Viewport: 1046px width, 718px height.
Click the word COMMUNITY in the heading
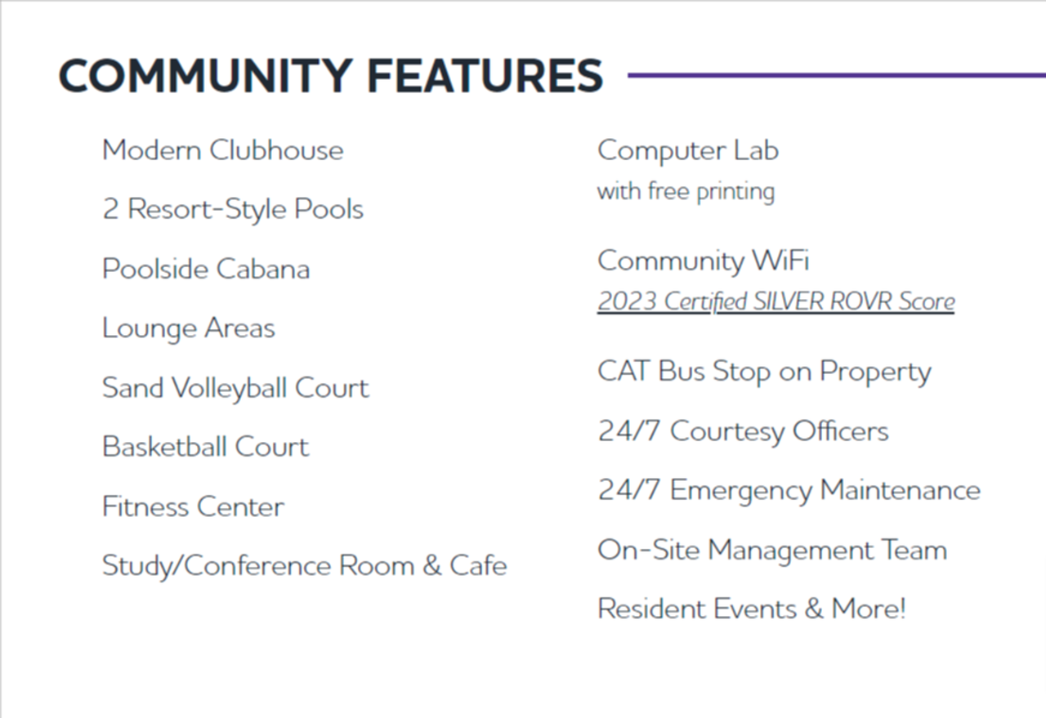pyautogui.click(x=205, y=76)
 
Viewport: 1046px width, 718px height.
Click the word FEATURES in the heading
pyautogui.click(x=485, y=76)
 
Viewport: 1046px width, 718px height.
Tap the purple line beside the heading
pyautogui.click(x=837, y=75)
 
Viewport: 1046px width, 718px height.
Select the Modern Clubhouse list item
pyautogui.click(x=223, y=150)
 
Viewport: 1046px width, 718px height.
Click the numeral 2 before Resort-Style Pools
pyautogui.click(x=110, y=208)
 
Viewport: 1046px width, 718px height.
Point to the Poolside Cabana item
pyautogui.click(x=206, y=269)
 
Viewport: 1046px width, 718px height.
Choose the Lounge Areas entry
pyautogui.click(x=189, y=328)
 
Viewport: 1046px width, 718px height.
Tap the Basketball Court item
pyautogui.click(x=205, y=447)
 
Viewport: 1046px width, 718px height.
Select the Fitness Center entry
pyautogui.click(x=193, y=506)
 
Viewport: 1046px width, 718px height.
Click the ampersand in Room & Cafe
pyautogui.click(x=432, y=566)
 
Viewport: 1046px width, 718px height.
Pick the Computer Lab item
pyautogui.click(x=688, y=151)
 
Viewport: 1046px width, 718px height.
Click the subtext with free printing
pyautogui.click(x=686, y=192)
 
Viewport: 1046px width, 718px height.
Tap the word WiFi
pyautogui.click(x=781, y=260)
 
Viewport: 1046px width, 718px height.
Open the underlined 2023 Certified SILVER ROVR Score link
pyautogui.click(x=776, y=301)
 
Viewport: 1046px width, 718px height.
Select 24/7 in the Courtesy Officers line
pyautogui.click(x=629, y=430)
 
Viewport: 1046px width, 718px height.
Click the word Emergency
pyautogui.click(x=741, y=491)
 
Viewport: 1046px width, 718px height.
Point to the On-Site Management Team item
pyautogui.click(x=772, y=550)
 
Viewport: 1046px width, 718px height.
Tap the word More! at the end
pyautogui.click(x=869, y=609)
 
